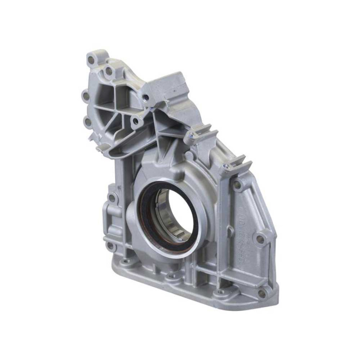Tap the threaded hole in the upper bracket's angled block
[x=146, y=97]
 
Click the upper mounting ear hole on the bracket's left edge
[x=85, y=96]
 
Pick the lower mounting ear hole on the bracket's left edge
[x=87, y=122]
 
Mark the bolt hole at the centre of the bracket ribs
[x=135, y=122]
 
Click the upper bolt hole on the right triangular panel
[x=237, y=184]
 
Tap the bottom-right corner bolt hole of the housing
[x=262, y=294]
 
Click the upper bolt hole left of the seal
[x=112, y=198]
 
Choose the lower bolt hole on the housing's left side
[x=110, y=245]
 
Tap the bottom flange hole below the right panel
[x=221, y=292]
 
